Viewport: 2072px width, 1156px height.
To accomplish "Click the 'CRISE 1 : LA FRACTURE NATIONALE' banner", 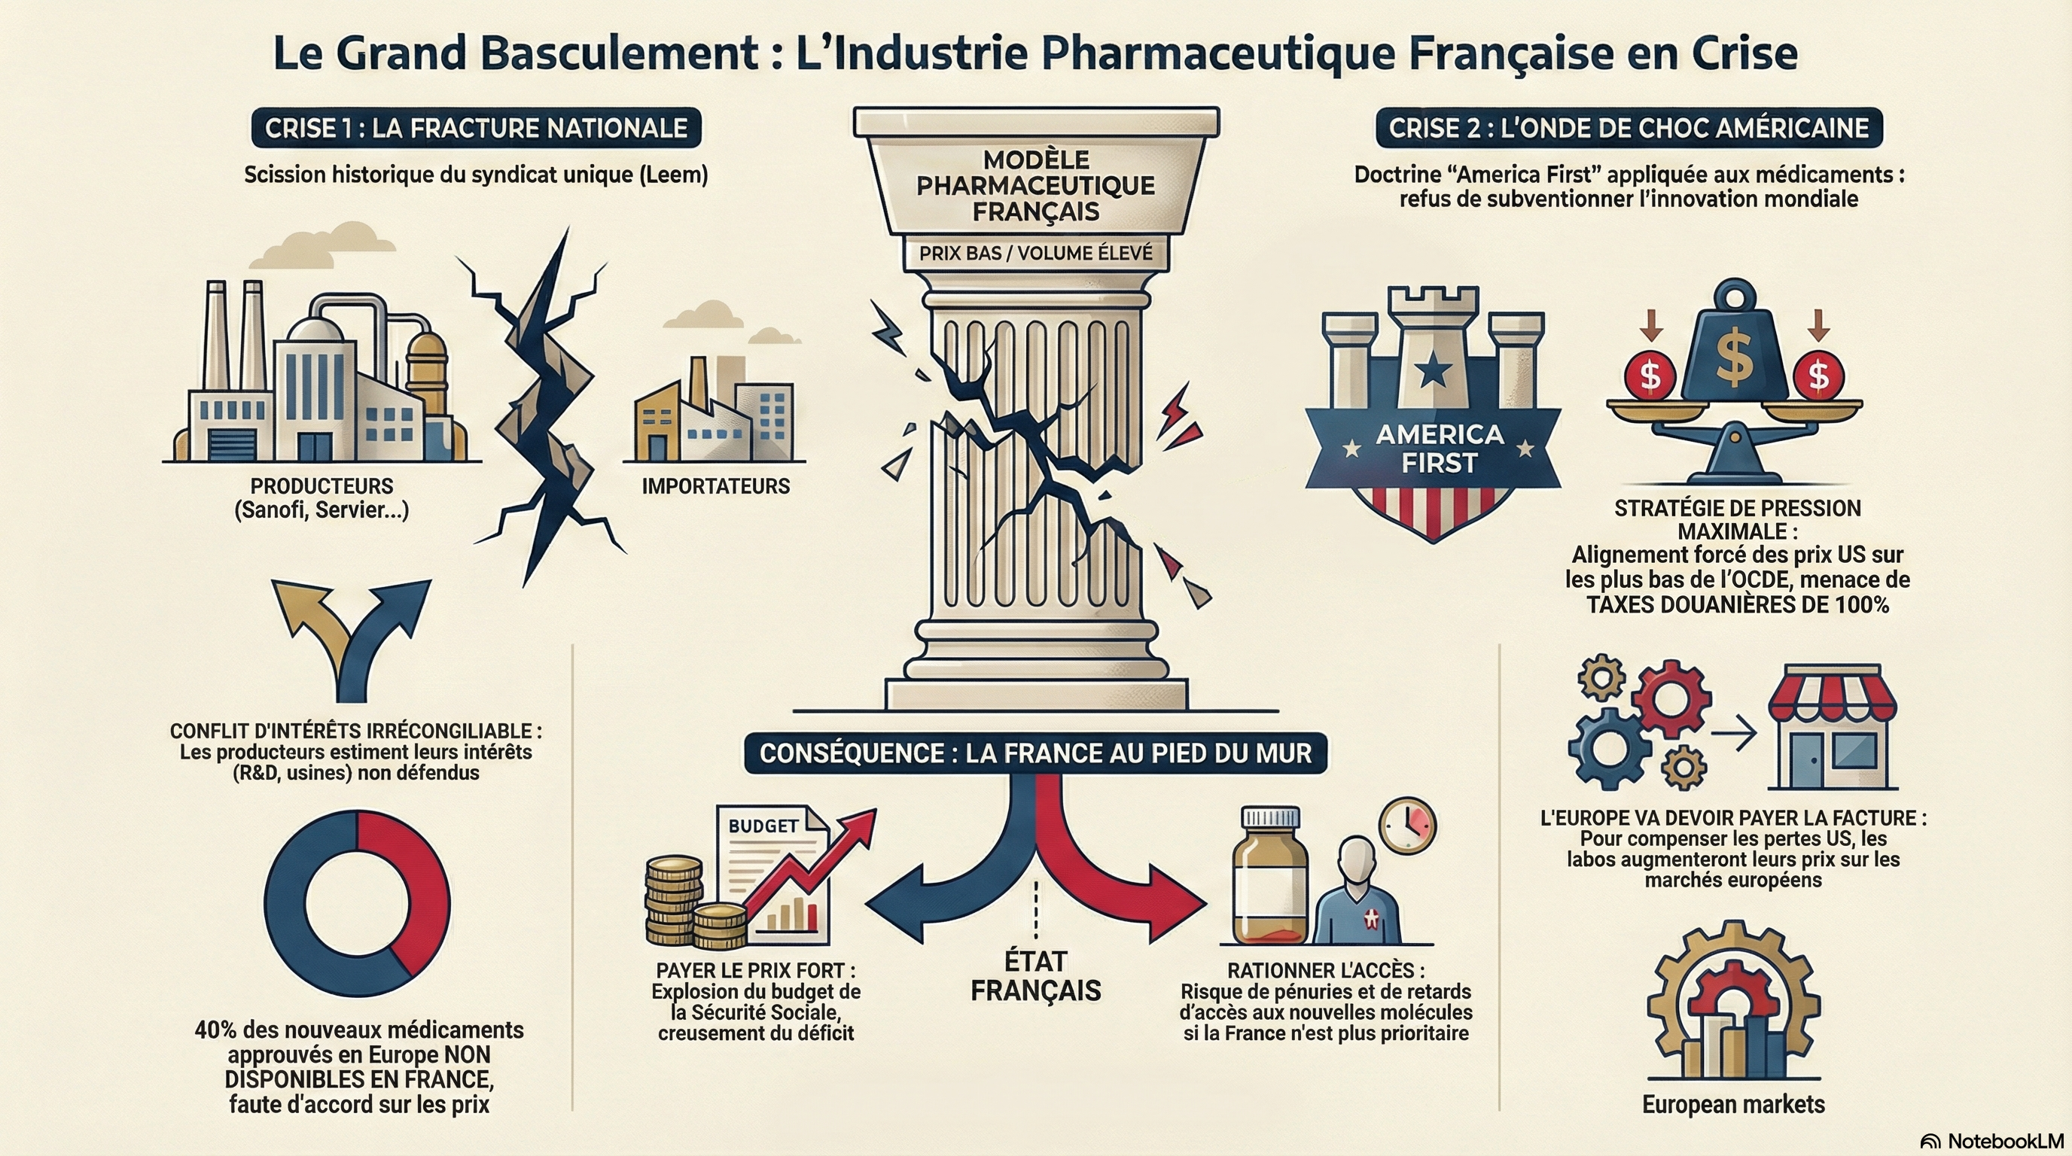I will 475,128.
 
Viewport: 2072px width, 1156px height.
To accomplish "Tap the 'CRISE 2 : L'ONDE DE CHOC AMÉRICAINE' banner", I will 1628,128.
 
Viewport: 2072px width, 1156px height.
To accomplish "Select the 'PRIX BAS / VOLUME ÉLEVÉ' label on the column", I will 1035,253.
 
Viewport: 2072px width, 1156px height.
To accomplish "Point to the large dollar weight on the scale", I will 1734,354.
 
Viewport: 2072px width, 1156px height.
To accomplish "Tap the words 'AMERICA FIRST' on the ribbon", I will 1439,449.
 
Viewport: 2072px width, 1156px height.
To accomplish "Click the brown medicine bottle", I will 1270,884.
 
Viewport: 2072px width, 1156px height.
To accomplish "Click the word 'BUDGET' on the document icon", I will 763,826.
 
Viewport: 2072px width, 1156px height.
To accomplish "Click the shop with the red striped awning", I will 1832,728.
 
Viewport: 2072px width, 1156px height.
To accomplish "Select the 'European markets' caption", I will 1732,1104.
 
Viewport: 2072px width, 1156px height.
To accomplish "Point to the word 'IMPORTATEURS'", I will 715,486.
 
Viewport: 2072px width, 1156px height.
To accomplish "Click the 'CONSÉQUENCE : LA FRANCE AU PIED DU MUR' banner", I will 1035,753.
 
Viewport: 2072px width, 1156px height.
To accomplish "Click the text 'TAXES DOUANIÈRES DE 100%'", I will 1738,604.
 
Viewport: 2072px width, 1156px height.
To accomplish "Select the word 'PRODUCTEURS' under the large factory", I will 321,486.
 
